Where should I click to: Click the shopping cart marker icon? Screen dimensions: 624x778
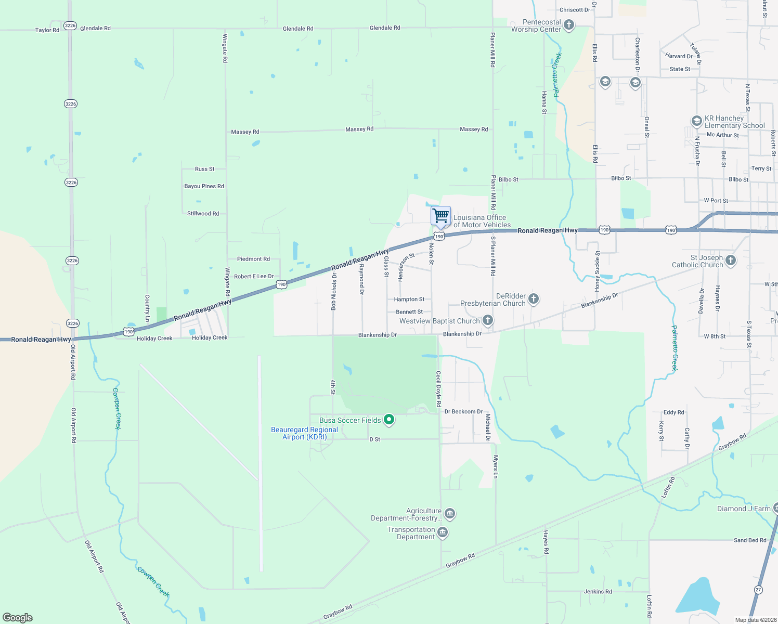(440, 215)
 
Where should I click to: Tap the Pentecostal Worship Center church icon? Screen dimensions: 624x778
(569, 25)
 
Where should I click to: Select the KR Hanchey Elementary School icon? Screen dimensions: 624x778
(696, 121)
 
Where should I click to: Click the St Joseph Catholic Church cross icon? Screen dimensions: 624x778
(731, 261)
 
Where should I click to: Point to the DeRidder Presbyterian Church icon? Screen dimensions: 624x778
(533, 299)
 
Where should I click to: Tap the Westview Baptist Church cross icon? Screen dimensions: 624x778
(487, 320)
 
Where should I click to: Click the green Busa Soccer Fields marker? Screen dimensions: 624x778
(388, 420)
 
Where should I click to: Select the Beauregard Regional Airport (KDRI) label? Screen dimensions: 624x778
(304, 433)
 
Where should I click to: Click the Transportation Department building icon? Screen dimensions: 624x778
(443, 532)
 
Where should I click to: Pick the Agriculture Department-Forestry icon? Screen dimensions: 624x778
(450, 514)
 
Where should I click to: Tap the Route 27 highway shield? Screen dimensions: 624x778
(759, 589)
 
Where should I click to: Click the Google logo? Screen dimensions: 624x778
(18, 618)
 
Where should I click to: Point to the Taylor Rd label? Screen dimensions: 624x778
(47, 30)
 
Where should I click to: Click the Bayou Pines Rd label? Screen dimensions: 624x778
(204, 186)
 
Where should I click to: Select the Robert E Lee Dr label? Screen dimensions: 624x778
(254, 276)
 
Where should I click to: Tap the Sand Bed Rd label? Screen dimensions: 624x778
(750, 540)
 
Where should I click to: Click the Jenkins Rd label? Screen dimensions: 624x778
(598, 591)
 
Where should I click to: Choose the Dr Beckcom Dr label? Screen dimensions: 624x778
(463, 411)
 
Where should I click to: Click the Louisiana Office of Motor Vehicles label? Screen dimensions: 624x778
(482, 221)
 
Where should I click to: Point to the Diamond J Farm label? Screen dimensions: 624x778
(744, 509)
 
